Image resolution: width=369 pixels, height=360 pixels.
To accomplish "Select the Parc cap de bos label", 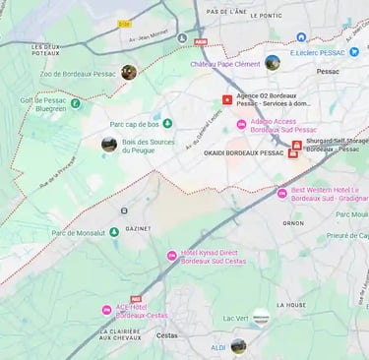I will click(x=135, y=124).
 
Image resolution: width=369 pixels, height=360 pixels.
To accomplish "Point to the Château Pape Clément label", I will click(x=225, y=64).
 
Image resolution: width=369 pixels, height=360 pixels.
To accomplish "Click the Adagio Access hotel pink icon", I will click(x=242, y=124).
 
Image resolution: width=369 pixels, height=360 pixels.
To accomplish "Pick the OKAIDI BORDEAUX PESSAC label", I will click(x=243, y=153).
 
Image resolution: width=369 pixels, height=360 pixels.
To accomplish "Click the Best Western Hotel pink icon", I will click(x=282, y=193).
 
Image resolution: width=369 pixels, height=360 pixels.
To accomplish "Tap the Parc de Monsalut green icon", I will click(x=114, y=232).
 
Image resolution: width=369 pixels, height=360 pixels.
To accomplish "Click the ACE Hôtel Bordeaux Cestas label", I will click(x=142, y=311).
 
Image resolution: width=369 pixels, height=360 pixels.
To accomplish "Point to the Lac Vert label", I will click(x=235, y=318).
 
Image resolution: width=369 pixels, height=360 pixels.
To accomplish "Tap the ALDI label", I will click(x=218, y=346).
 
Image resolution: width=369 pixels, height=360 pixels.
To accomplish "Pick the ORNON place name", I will click(x=294, y=222).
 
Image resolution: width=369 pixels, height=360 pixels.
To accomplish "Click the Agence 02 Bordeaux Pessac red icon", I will click(x=228, y=99).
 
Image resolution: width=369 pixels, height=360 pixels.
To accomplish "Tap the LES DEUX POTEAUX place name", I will click(x=45, y=50).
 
